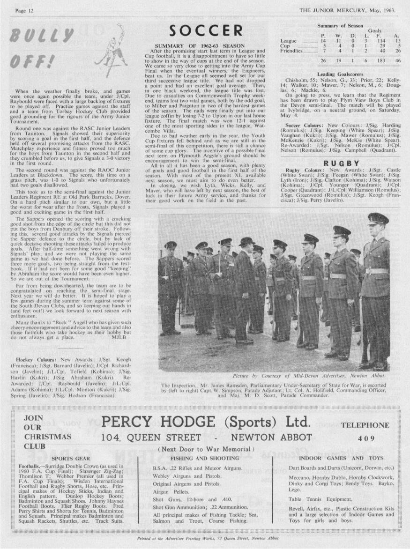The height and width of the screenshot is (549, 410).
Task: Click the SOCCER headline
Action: click(x=206, y=31)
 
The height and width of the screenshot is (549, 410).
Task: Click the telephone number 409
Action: click(x=366, y=438)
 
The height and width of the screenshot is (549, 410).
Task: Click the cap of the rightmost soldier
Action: click(x=378, y=218)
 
